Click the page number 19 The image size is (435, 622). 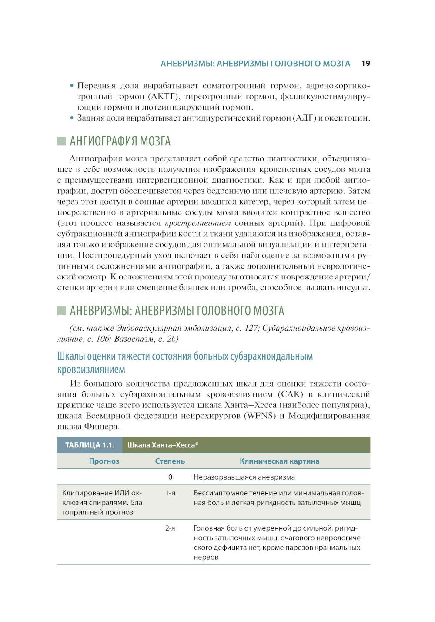click(365, 64)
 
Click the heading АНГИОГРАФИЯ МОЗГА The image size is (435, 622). click(120, 141)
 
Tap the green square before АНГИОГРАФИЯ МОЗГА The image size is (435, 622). click(61, 141)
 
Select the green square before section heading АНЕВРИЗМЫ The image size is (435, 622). click(61, 311)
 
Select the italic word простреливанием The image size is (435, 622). click(198, 223)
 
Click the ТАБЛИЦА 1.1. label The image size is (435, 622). click(90, 445)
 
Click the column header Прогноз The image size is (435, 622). click(104, 461)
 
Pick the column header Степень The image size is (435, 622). click(170, 461)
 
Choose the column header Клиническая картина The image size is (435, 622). click(279, 461)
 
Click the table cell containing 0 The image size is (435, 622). click(170, 477)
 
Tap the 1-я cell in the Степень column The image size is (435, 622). click(170, 493)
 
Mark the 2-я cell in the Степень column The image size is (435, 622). click(170, 528)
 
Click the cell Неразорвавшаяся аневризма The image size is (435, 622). click(244, 477)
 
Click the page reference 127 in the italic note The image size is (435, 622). click(251, 328)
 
